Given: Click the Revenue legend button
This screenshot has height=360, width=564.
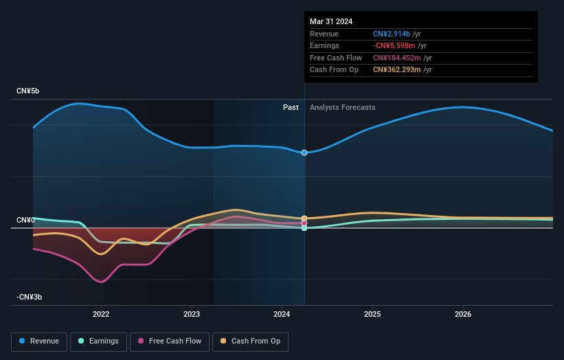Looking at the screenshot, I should click(x=39, y=341).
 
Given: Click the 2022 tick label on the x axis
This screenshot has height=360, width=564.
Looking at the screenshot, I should click(x=101, y=314).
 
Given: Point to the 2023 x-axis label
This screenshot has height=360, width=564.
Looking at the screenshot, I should click(x=192, y=314).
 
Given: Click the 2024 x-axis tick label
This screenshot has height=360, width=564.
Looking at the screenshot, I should click(x=282, y=314).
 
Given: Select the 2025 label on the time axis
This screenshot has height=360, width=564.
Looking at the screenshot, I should click(x=372, y=314).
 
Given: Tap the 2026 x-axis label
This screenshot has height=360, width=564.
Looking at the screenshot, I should click(x=463, y=314).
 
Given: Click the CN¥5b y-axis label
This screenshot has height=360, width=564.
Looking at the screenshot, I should click(x=28, y=91).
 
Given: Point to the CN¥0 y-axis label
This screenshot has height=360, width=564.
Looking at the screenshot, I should click(x=25, y=220).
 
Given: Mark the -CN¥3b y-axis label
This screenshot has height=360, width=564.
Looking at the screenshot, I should click(x=30, y=297).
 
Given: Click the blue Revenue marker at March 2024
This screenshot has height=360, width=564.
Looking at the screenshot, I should click(x=304, y=153).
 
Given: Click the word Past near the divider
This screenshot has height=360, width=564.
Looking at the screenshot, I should click(x=291, y=107).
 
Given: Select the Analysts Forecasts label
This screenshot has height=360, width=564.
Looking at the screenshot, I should click(x=343, y=107).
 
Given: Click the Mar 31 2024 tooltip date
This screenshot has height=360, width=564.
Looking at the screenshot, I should click(x=331, y=21).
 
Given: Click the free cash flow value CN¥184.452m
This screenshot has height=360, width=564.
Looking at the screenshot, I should click(x=397, y=58).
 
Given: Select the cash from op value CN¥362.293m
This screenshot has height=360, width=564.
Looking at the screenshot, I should click(x=397, y=70).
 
